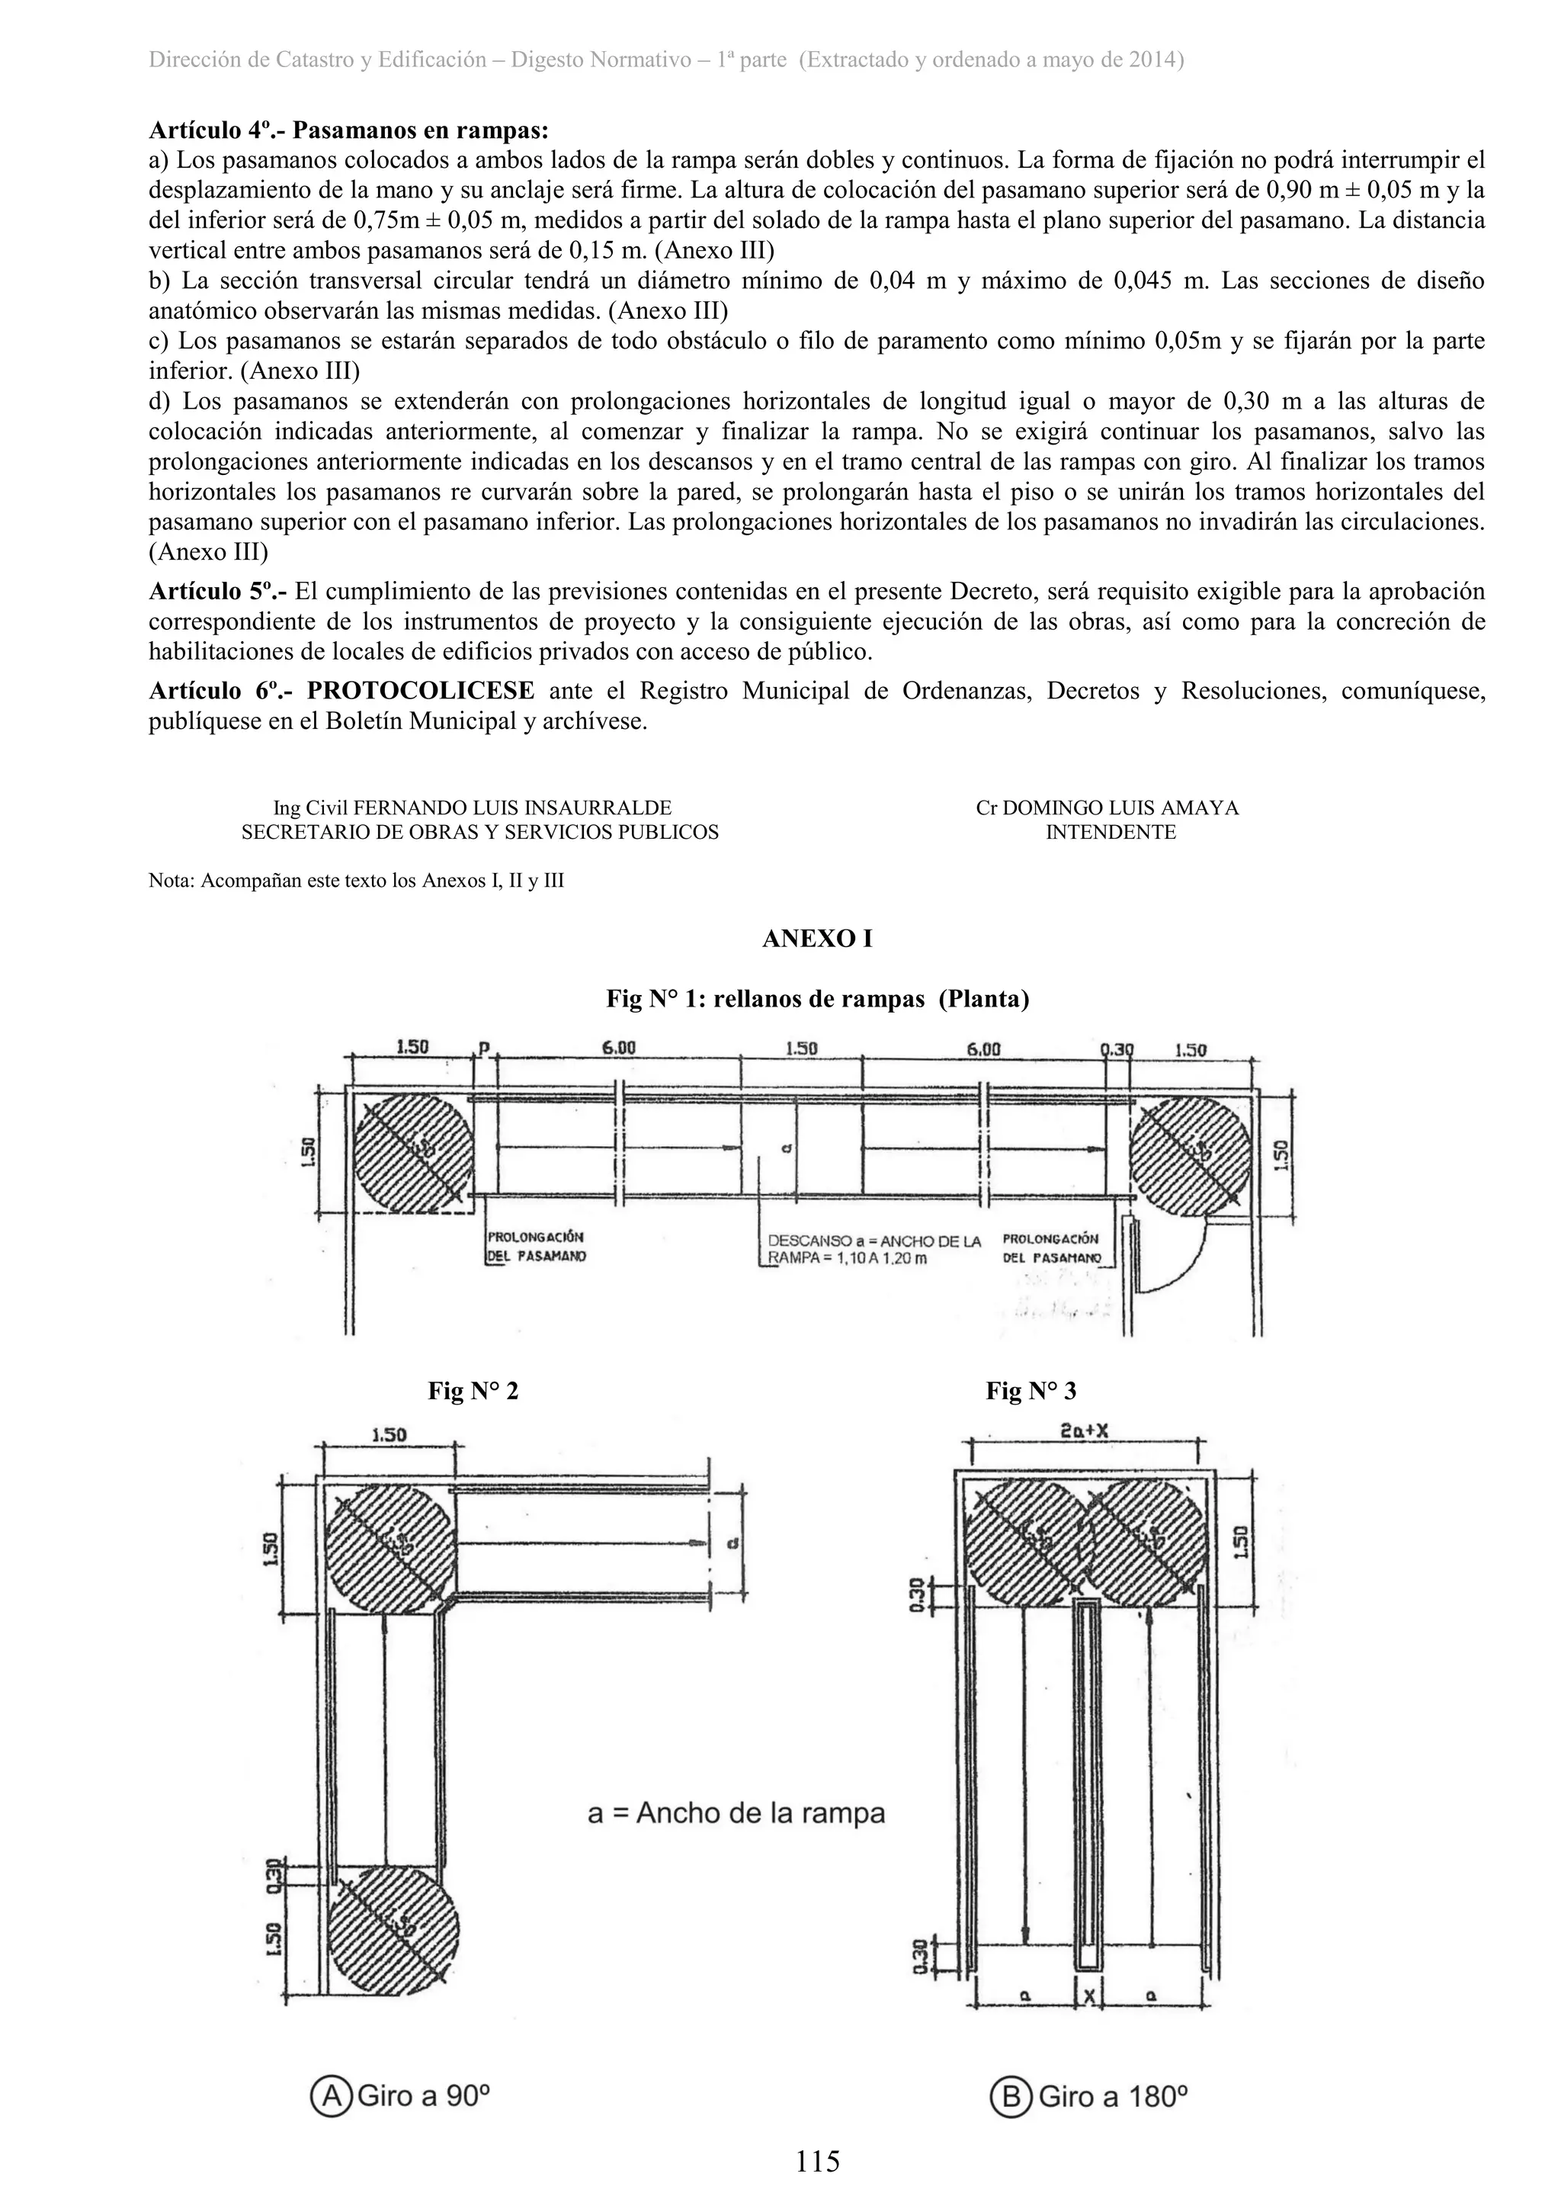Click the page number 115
tap(818, 2162)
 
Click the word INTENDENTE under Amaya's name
tap(1111, 832)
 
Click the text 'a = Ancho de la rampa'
tap(736, 1813)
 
